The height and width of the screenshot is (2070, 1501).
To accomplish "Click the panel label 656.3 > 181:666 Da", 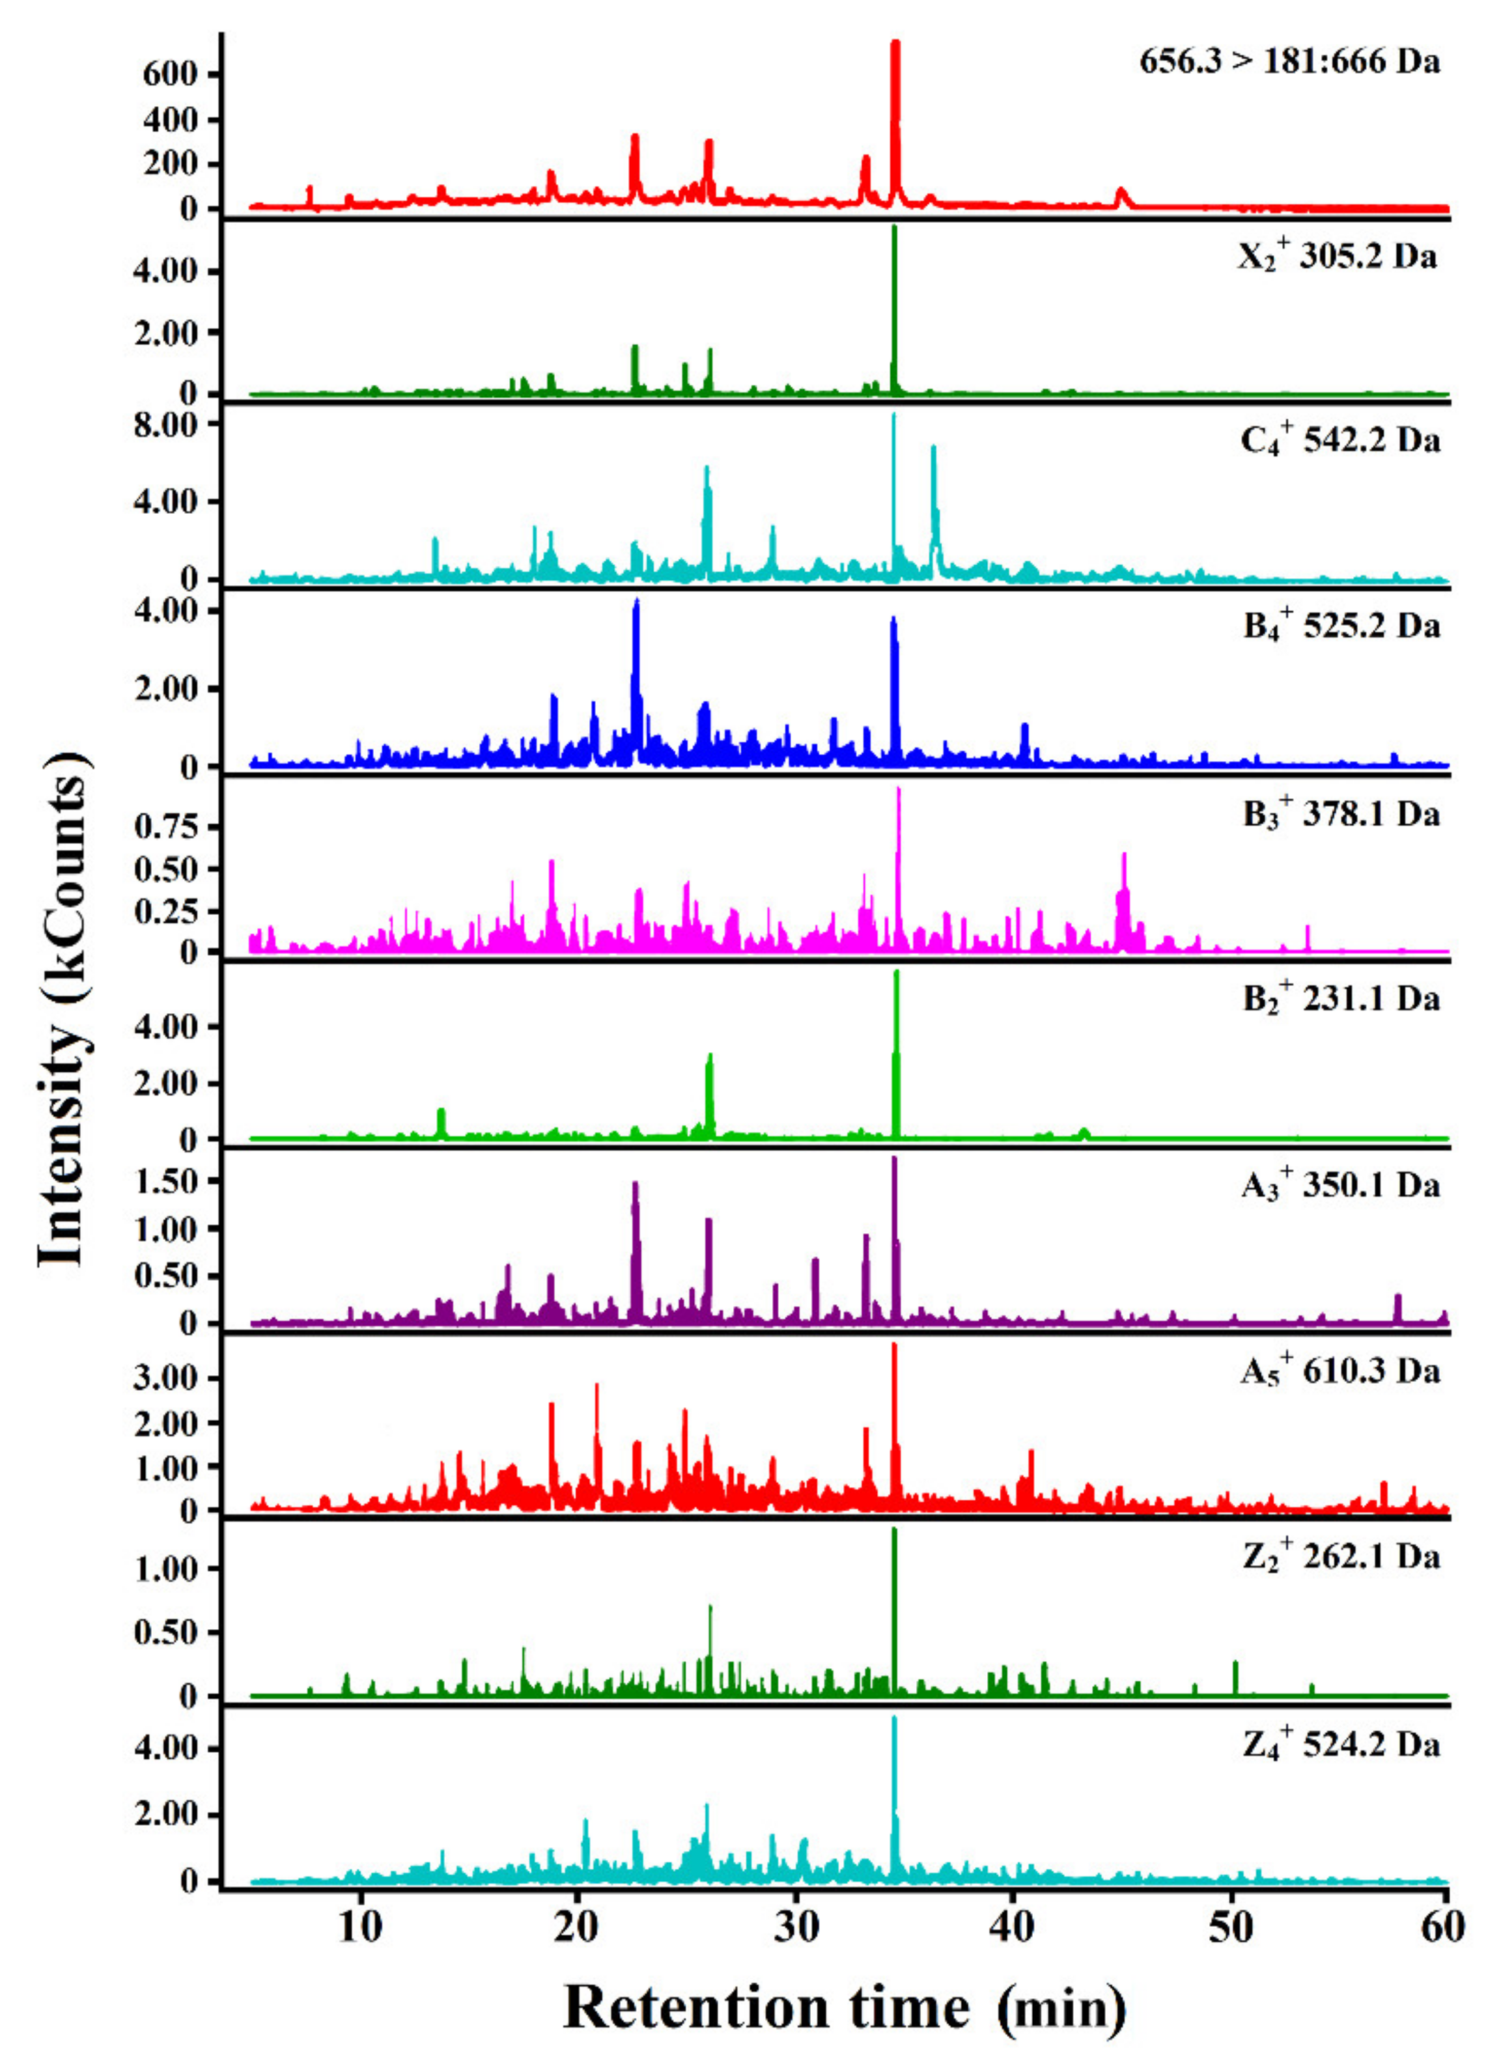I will point(1289,62).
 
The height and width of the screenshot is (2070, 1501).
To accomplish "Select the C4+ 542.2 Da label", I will point(1340,441).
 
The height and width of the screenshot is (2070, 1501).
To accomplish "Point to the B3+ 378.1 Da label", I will point(1340,812).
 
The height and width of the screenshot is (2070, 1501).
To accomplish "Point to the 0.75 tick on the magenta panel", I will point(165,827).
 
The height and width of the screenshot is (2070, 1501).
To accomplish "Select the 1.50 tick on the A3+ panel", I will point(165,1181).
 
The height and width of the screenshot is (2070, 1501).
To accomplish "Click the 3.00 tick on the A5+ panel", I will point(165,1378).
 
